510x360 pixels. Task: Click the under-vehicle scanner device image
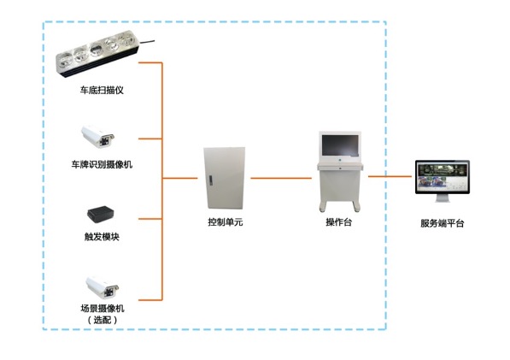point(97,54)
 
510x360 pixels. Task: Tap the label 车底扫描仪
point(102,90)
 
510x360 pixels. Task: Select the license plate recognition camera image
point(98,137)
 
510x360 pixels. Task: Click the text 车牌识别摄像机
point(102,164)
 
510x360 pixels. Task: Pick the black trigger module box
point(100,215)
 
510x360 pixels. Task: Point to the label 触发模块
point(102,237)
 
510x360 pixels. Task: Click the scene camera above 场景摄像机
point(103,288)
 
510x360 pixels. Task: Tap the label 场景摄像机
point(103,308)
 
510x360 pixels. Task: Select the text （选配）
point(103,320)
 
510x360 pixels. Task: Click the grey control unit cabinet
point(225,179)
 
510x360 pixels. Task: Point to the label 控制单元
point(226,222)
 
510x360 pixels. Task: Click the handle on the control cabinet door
point(211,180)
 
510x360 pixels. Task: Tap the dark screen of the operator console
point(340,145)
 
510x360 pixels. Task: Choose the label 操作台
point(339,222)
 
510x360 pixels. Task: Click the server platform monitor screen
point(443,177)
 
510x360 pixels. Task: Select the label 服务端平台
point(443,223)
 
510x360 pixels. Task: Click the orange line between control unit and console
point(281,178)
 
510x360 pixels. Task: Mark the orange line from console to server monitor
point(390,176)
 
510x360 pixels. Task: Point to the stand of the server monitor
point(443,198)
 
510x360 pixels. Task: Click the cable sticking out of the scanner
point(147,42)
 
